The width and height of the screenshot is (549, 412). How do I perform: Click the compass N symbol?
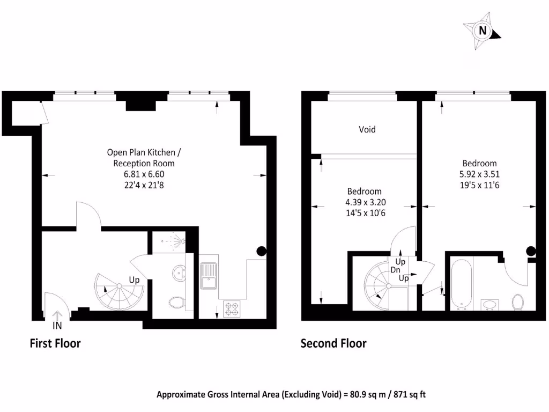point(483,31)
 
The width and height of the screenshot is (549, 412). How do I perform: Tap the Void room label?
point(367,129)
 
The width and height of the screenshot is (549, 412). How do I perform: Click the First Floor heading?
point(55,343)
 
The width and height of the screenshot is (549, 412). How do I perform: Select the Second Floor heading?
point(333,343)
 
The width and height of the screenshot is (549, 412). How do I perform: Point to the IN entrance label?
point(57,325)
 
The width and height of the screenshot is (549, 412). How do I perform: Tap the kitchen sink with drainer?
point(208,275)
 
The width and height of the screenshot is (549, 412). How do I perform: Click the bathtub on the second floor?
point(461,285)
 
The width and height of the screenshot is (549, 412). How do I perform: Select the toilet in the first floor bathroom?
point(176,303)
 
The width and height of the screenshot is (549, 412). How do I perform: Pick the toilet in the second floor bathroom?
point(518,301)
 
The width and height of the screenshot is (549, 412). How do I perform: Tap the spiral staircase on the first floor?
point(119,292)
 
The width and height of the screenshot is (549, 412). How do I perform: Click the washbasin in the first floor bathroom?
point(179,273)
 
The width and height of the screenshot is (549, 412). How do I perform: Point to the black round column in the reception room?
point(262,250)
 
